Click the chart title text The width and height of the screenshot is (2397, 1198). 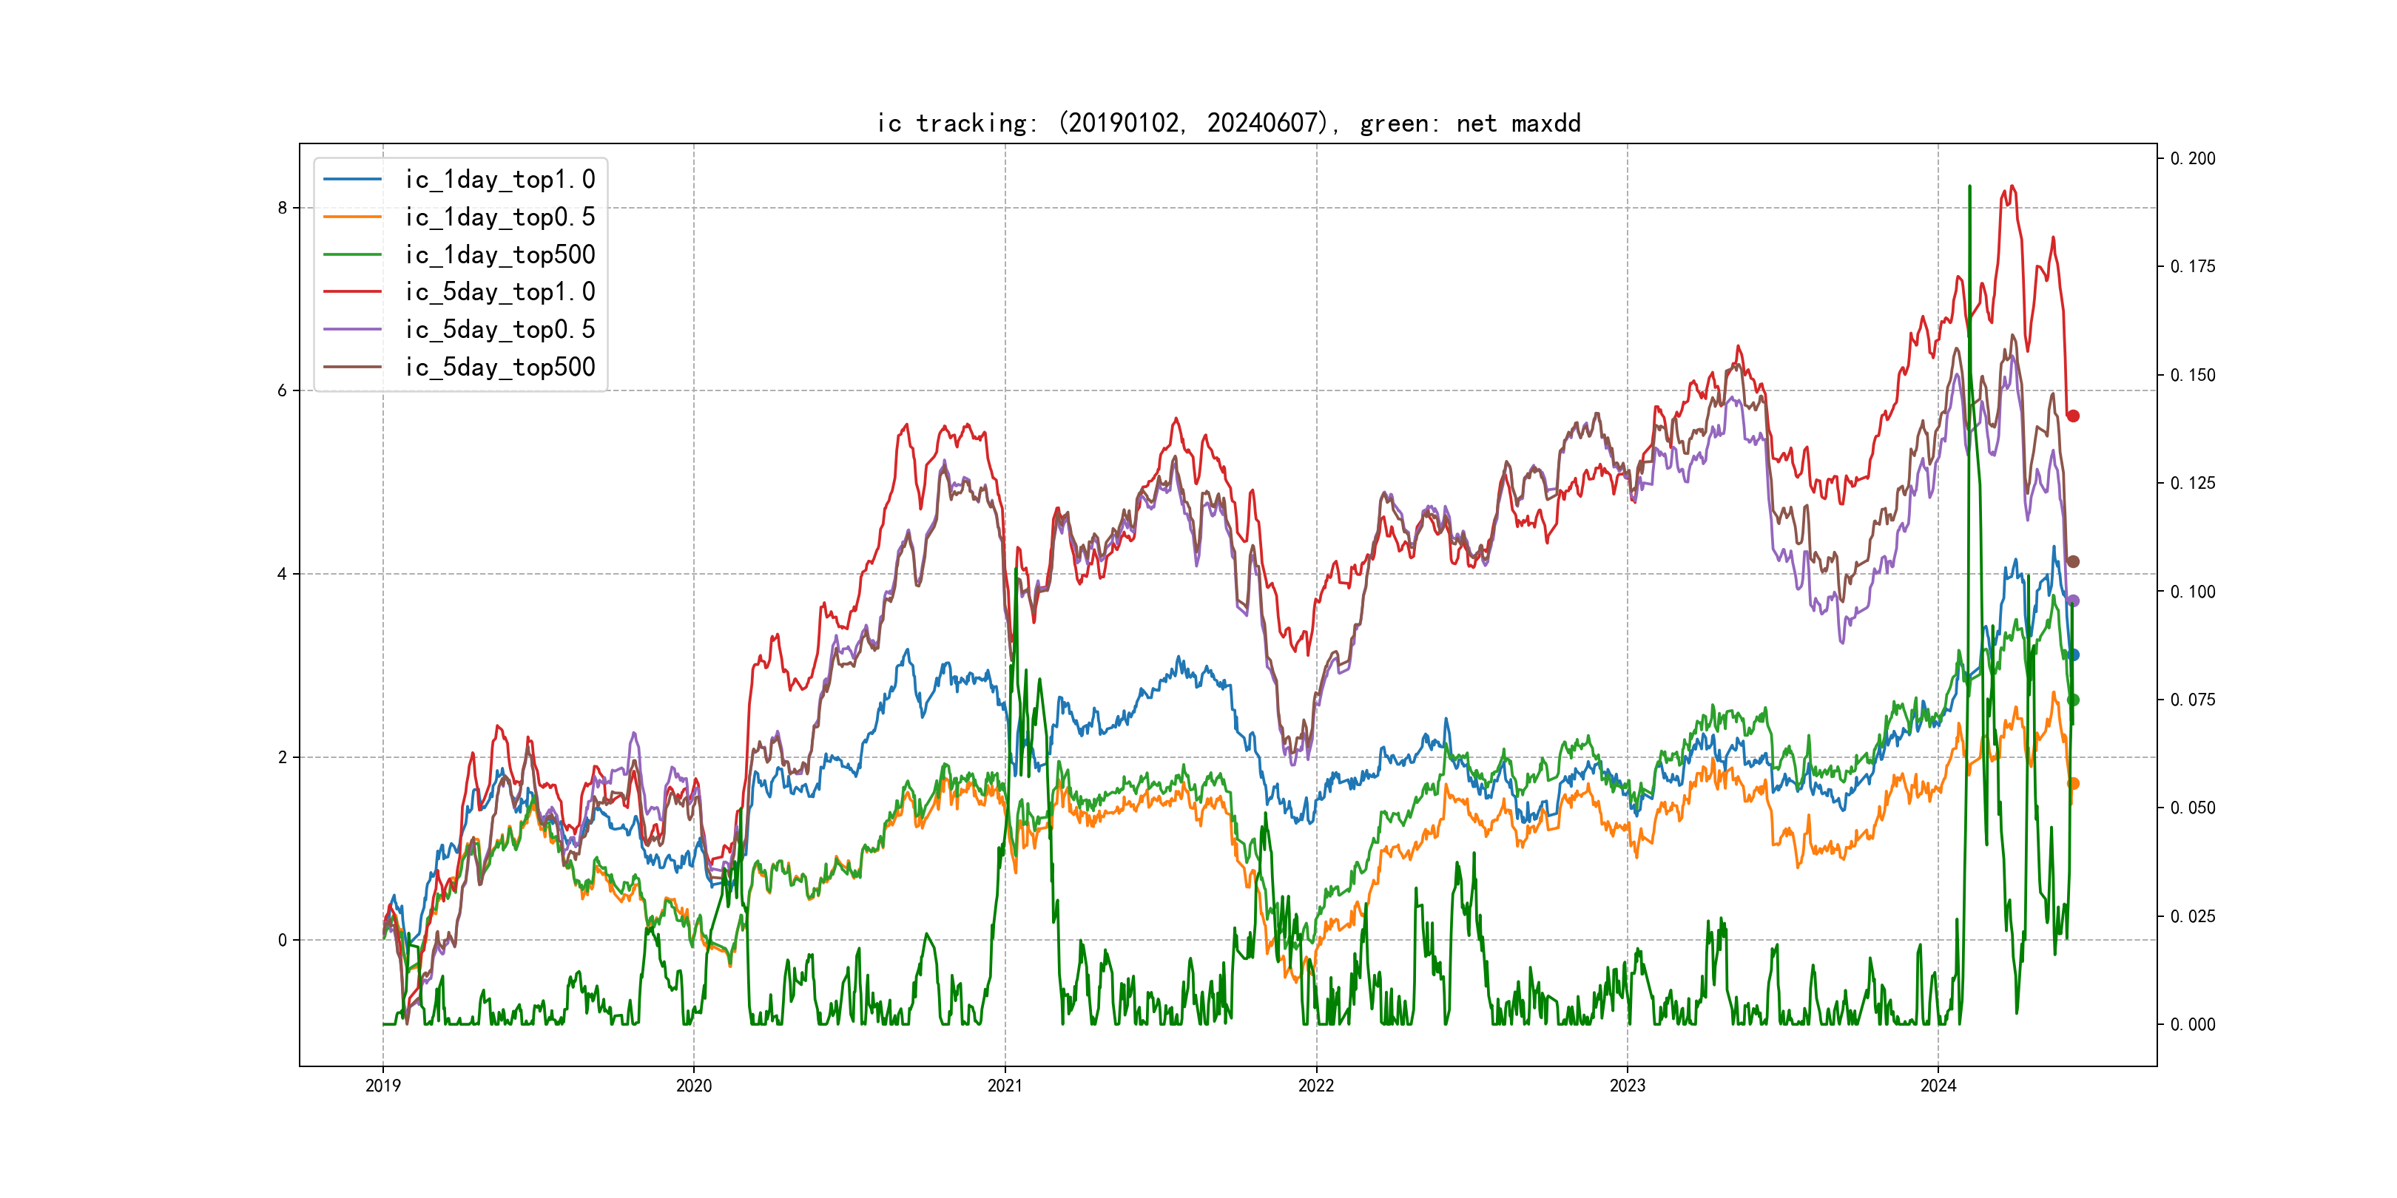pyautogui.click(x=1228, y=123)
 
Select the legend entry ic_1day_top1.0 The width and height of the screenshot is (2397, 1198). pyautogui.click(x=499, y=180)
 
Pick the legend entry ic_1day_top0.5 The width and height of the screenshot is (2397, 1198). pyautogui.click(x=499, y=217)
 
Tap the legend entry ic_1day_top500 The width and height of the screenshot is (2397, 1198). pyautogui.click(x=499, y=255)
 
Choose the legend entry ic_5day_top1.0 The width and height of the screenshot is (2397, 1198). pyautogui.click(x=499, y=292)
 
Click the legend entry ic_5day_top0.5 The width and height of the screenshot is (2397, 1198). pyautogui.click(x=499, y=329)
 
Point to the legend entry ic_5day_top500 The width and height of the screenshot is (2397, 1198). pyautogui.click(x=499, y=368)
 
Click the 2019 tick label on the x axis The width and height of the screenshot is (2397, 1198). pyautogui.click(x=382, y=1086)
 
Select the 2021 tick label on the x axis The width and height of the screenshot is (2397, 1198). pyautogui.click(x=1005, y=1086)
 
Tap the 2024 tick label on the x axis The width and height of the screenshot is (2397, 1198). pyautogui.click(x=1938, y=1086)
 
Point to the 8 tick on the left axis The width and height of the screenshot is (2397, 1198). pyautogui.click(x=282, y=207)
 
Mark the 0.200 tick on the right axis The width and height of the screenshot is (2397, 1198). pyautogui.click(x=2194, y=159)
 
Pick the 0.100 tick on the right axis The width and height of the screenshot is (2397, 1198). pyautogui.click(x=2194, y=592)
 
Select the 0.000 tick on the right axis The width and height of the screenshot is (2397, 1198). pyautogui.click(x=2194, y=1025)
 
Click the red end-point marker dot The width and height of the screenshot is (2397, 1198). pyautogui.click(x=2073, y=416)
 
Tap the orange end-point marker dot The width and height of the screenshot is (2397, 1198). pyautogui.click(x=2073, y=783)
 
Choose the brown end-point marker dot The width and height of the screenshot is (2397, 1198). pyautogui.click(x=2073, y=562)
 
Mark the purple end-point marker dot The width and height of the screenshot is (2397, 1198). pyautogui.click(x=2073, y=601)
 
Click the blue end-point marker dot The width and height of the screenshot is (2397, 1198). pyautogui.click(x=2073, y=654)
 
